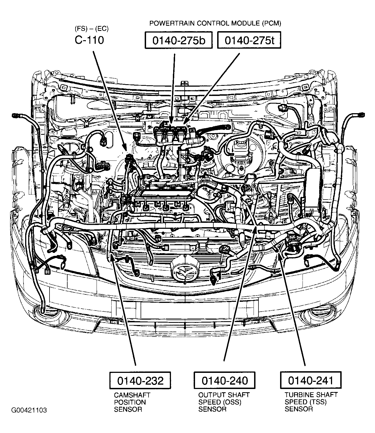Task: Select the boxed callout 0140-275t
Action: tap(249, 40)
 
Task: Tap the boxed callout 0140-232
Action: tap(140, 380)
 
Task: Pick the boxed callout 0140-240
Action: tap(225, 380)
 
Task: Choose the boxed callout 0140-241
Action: tap(311, 380)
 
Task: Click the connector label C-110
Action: tap(89, 40)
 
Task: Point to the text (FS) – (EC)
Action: tap(91, 29)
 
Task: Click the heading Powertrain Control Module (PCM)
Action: tap(215, 23)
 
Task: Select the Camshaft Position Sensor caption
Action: tap(132, 402)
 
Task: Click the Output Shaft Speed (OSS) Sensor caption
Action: tap(224, 402)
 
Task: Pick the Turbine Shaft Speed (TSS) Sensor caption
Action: tap(311, 402)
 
